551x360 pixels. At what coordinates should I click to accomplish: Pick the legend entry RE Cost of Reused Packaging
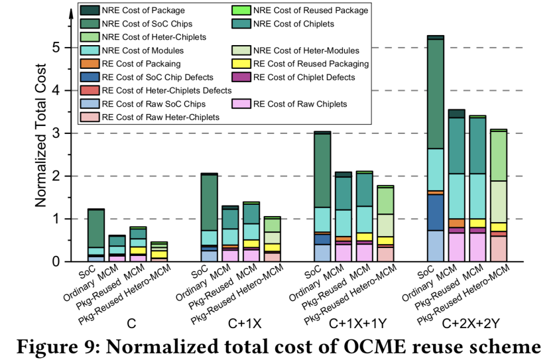310,64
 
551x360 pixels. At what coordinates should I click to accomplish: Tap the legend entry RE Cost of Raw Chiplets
300,103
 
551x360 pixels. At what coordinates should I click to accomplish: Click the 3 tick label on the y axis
58,133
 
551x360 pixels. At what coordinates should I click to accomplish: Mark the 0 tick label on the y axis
58,262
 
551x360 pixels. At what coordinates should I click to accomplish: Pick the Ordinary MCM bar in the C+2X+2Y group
457,186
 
